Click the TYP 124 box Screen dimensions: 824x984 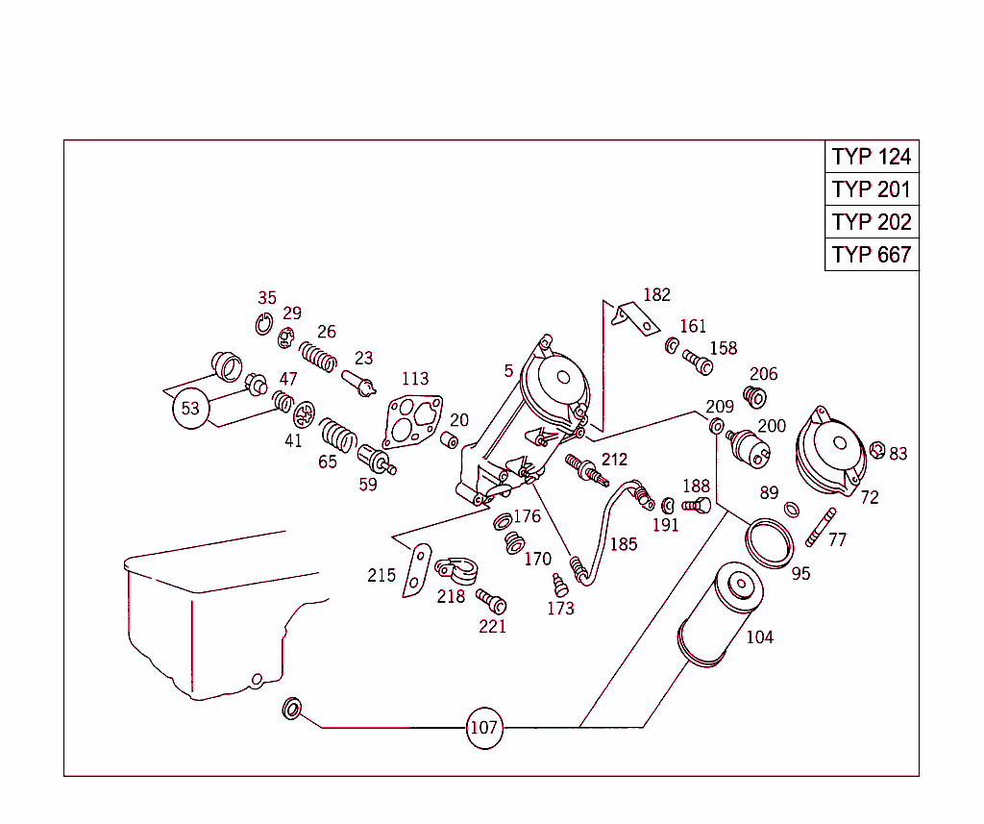point(872,157)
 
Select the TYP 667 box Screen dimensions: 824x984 point(872,255)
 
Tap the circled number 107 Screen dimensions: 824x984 point(483,728)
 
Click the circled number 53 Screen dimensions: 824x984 point(190,409)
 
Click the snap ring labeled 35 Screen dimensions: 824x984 point(263,325)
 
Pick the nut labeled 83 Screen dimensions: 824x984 point(876,450)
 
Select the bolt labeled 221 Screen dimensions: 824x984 point(491,602)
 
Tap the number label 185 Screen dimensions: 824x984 point(624,544)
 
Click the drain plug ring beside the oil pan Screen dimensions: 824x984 point(291,711)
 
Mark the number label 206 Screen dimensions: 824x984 point(763,374)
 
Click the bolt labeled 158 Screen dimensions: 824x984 point(698,362)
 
